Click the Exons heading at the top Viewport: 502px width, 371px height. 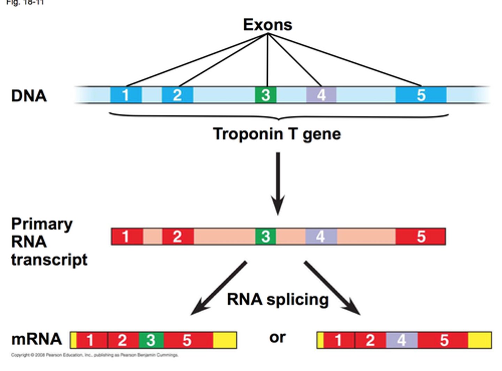point(267,25)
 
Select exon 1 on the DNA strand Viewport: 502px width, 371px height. point(126,95)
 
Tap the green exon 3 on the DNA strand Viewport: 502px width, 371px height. point(266,95)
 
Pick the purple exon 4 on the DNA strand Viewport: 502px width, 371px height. point(321,95)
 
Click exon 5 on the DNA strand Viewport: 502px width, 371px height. point(421,95)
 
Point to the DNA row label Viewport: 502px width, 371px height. point(29,96)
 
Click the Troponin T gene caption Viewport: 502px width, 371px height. point(277,134)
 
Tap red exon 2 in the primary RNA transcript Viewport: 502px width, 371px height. point(177,237)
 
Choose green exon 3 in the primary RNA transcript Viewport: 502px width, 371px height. point(266,237)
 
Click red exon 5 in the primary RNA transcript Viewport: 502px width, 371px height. point(421,237)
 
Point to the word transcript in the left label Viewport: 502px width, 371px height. point(49,260)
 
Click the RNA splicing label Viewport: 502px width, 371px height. point(277,300)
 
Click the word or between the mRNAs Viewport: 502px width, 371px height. point(277,338)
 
